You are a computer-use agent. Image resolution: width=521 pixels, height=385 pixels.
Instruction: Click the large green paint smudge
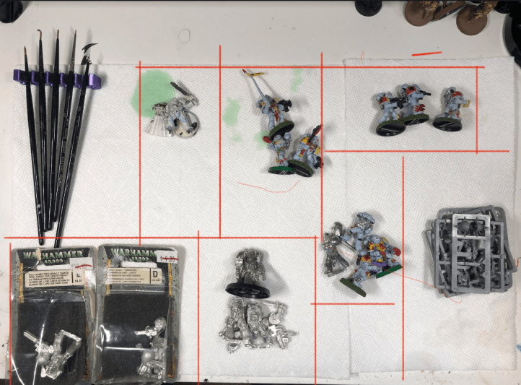(x=153, y=92)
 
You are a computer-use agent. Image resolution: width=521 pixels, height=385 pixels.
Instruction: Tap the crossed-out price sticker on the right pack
(x=167, y=259)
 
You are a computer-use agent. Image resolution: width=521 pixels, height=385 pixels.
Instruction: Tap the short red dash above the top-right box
(x=426, y=52)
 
